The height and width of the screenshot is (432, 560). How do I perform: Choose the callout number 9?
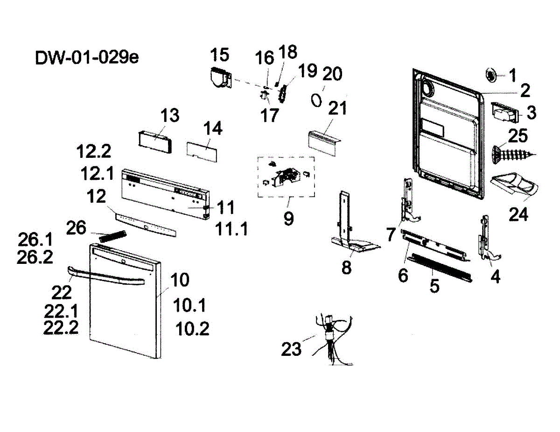point(288,218)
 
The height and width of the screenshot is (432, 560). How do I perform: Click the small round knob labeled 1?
point(490,74)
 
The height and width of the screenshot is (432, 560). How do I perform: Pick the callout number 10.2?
point(192,329)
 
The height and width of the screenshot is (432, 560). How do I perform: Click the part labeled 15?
point(220,76)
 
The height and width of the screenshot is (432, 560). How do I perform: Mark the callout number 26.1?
point(35,240)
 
